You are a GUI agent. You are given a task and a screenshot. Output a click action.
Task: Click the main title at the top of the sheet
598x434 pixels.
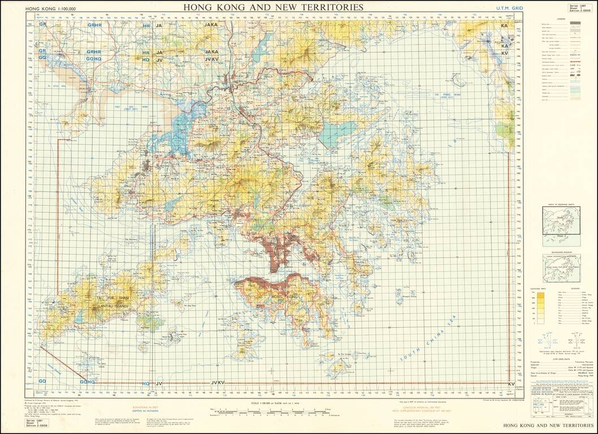point(273,7)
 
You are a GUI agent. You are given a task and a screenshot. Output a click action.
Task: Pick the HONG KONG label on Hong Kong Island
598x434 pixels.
point(284,297)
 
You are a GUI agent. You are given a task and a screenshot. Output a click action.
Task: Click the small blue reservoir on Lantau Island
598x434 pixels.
point(148,323)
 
